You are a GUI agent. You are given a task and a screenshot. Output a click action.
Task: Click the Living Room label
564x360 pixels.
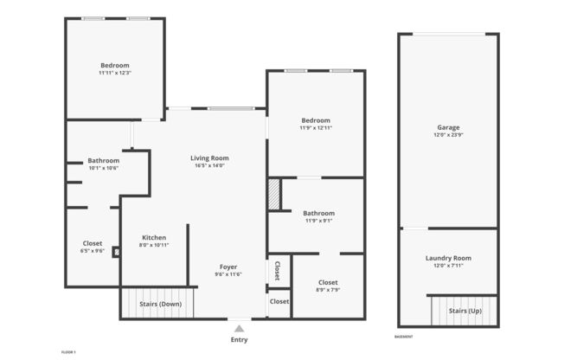pyautogui.click(x=209, y=158)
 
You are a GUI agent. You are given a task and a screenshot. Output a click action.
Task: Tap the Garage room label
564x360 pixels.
pyautogui.click(x=447, y=127)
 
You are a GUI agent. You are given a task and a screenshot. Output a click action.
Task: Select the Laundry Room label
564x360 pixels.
pyautogui.click(x=447, y=258)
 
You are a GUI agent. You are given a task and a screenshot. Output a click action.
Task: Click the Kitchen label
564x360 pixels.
pyautogui.click(x=154, y=238)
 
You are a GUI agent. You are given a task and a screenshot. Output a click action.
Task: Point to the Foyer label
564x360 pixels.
pyautogui.click(x=228, y=267)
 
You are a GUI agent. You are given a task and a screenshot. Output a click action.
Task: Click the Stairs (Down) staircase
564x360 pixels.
pyautogui.click(x=160, y=304)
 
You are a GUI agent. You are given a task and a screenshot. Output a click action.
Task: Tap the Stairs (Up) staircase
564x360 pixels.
pyautogui.click(x=465, y=311)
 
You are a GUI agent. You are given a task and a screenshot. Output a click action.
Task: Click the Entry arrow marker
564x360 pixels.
pyautogui.click(x=239, y=328)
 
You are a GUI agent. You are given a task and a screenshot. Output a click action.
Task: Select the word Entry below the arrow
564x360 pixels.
pyautogui.click(x=239, y=340)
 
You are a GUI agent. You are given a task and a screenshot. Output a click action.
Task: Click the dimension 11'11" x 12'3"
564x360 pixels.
pyautogui.click(x=114, y=74)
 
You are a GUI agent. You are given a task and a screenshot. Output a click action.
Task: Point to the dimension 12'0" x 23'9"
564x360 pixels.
pyautogui.click(x=447, y=136)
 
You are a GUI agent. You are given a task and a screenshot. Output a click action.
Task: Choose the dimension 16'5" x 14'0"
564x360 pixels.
pyautogui.click(x=209, y=166)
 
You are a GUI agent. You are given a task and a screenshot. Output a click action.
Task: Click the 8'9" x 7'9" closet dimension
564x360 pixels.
pyautogui.click(x=328, y=290)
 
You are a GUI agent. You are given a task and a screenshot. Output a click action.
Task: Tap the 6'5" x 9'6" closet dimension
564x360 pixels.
pyautogui.click(x=93, y=251)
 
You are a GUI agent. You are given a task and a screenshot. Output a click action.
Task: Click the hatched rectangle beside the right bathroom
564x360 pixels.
pyautogui.click(x=274, y=194)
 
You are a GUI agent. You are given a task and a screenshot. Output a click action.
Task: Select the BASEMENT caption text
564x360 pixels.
pyautogui.click(x=403, y=337)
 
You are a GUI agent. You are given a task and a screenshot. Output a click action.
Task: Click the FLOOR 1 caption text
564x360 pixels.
pyautogui.click(x=68, y=352)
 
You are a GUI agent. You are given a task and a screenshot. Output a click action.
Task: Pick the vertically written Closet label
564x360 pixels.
pyautogui.click(x=277, y=271)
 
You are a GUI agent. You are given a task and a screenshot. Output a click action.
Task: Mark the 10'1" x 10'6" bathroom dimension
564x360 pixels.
pyautogui.click(x=103, y=168)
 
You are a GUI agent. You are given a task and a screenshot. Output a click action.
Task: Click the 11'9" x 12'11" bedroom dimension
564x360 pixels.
pyautogui.click(x=316, y=128)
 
